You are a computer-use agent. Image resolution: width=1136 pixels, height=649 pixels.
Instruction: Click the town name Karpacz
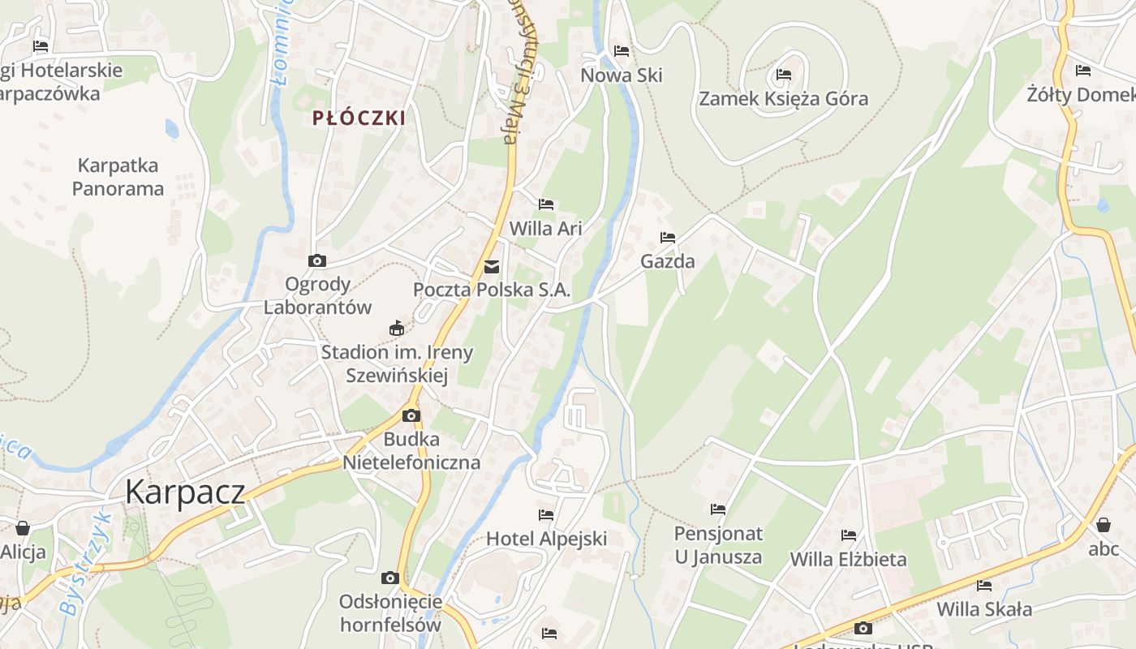184,492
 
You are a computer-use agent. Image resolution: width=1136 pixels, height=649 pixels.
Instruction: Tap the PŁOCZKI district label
359,118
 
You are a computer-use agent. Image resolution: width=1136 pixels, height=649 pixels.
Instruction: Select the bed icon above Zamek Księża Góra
783,75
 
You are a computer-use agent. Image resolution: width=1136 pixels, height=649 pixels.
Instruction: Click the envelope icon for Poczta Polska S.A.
491,266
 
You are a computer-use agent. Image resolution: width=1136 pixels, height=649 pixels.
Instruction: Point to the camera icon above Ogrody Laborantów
317,260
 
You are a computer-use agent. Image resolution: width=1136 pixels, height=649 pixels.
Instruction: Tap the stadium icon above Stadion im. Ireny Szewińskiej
396,329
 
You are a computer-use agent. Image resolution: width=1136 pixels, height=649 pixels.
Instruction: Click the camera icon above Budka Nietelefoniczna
411,416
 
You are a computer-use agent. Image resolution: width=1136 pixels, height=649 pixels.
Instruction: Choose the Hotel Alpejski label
546,539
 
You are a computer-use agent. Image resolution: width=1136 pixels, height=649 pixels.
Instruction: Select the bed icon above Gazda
668,238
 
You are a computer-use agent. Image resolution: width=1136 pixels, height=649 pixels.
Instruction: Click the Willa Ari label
545,229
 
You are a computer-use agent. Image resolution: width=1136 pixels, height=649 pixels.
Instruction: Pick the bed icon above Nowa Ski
622,51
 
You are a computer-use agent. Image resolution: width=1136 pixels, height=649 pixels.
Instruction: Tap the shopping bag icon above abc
1103,525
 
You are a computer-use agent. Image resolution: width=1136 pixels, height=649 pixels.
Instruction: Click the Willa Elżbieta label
848,559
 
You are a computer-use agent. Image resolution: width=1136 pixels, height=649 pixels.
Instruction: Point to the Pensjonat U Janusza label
718,545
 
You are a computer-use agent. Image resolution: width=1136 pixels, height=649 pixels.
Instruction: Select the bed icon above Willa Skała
984,585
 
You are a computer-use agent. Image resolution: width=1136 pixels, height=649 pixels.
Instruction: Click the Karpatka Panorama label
118,177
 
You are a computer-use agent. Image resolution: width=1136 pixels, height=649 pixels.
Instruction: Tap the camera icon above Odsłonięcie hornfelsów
390,578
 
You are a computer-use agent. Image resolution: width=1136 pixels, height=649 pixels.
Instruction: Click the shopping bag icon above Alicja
23,528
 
